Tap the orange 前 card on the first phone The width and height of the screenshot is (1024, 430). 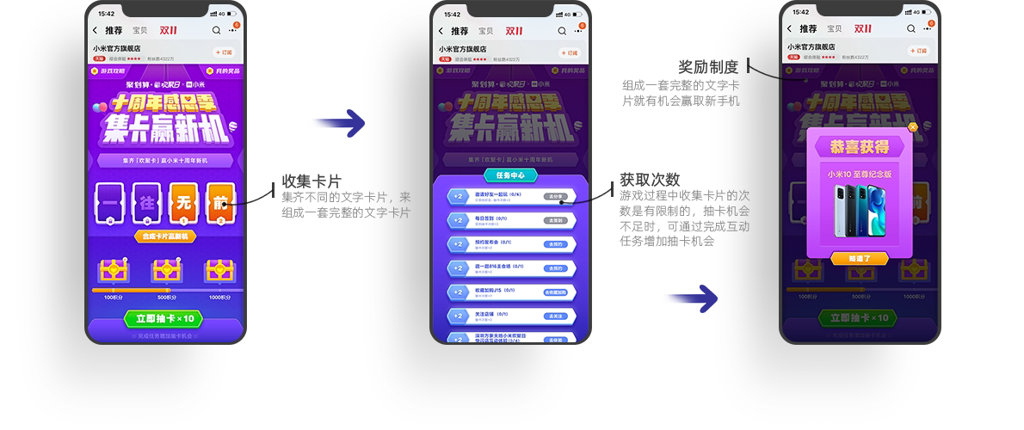click(x=219, y=205)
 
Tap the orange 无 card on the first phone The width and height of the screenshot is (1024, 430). click(x=182, y=205)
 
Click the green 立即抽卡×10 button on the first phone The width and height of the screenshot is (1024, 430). click(x=166, y=318)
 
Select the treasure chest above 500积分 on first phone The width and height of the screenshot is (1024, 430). click(x=166, y=271)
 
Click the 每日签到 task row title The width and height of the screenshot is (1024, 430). click(x=487, y=219)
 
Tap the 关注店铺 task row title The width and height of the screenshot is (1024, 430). click(x=487, y=314)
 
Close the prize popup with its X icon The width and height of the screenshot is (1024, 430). click(x=913, y=127)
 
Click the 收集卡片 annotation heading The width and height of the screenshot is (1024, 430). click(x=312, y=181)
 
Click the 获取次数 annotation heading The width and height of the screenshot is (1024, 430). click(x=650, y=179)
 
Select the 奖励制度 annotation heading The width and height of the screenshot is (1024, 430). click(x=710, y=66)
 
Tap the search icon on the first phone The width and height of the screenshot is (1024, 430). click(x=215, y=30)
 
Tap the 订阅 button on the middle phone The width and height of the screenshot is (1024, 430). click(x=570, y=52)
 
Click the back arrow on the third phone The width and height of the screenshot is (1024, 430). click(x=793, y=30)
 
